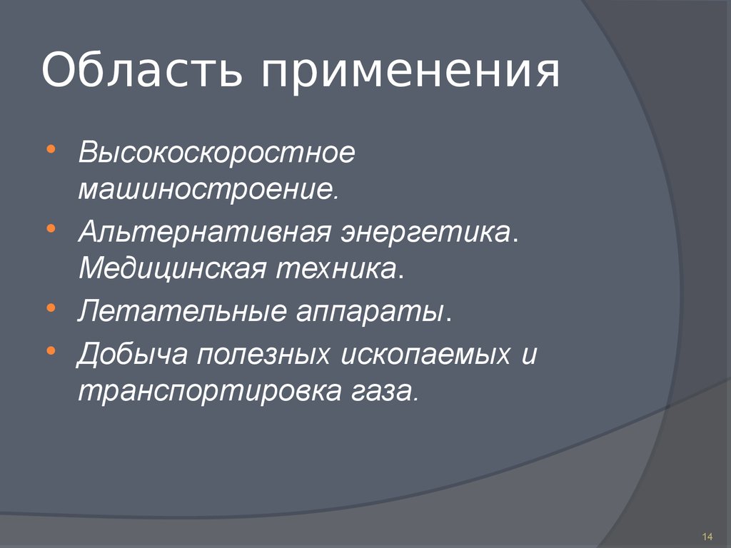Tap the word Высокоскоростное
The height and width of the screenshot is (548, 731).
pyautogui.click(x=216, y=154)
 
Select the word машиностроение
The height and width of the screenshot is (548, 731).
pyautogui.click(x=206, y=190)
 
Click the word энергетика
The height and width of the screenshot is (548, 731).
pyautogui.click(x=430, y=233)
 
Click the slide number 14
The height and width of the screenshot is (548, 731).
pyautogui.click(x=708, y=537)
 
